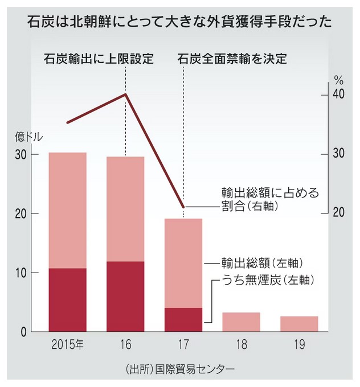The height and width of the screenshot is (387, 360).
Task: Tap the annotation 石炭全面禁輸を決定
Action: (x=230, y=59)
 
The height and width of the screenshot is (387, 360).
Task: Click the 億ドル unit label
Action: (x=28, y=137)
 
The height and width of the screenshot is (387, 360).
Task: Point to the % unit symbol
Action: (x=339, y=80)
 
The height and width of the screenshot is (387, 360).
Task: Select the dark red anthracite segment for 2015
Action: (x=67, y=300)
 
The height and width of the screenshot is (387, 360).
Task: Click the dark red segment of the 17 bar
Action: (x=183, y=320)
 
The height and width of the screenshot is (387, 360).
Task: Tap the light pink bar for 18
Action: (x=241, y=322)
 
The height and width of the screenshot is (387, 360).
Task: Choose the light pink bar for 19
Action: (x=299, y=324)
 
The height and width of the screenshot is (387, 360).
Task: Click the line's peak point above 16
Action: (x=125, y=94)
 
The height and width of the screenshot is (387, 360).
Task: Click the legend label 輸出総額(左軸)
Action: (x=260, y=263)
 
